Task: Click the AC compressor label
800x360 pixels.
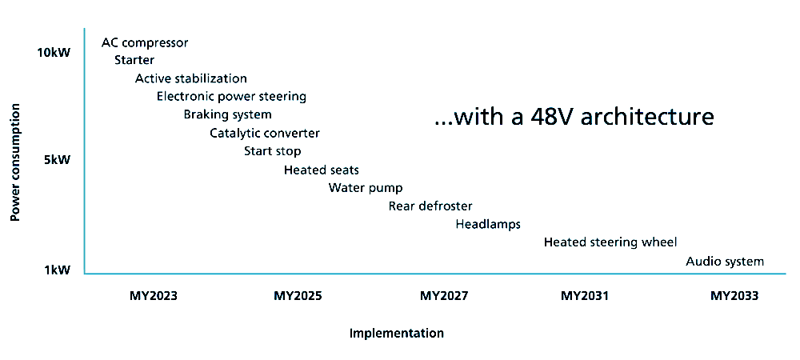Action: point(145,43)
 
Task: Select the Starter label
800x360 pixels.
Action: point(134,60)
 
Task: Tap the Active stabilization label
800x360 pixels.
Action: point(191,78)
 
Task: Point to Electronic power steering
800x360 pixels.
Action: point(232,96)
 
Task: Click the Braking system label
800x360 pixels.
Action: point(227,114)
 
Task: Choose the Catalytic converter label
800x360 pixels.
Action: point(265,133)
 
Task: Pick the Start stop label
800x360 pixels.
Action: point(273,151)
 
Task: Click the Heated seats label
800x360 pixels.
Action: point(322,170)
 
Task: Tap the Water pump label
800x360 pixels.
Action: point(366,188)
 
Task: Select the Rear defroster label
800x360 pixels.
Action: point(430,206)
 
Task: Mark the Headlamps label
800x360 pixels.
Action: point(488,224)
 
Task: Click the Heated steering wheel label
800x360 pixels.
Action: point(610,242)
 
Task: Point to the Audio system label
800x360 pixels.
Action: point(725,262)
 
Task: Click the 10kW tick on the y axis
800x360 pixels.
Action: point(54,53)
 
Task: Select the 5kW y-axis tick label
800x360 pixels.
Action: point(57,160)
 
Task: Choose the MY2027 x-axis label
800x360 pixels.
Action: point(444,296)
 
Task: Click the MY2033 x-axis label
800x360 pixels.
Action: point(734,296)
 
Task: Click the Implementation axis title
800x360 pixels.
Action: point(397,334)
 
